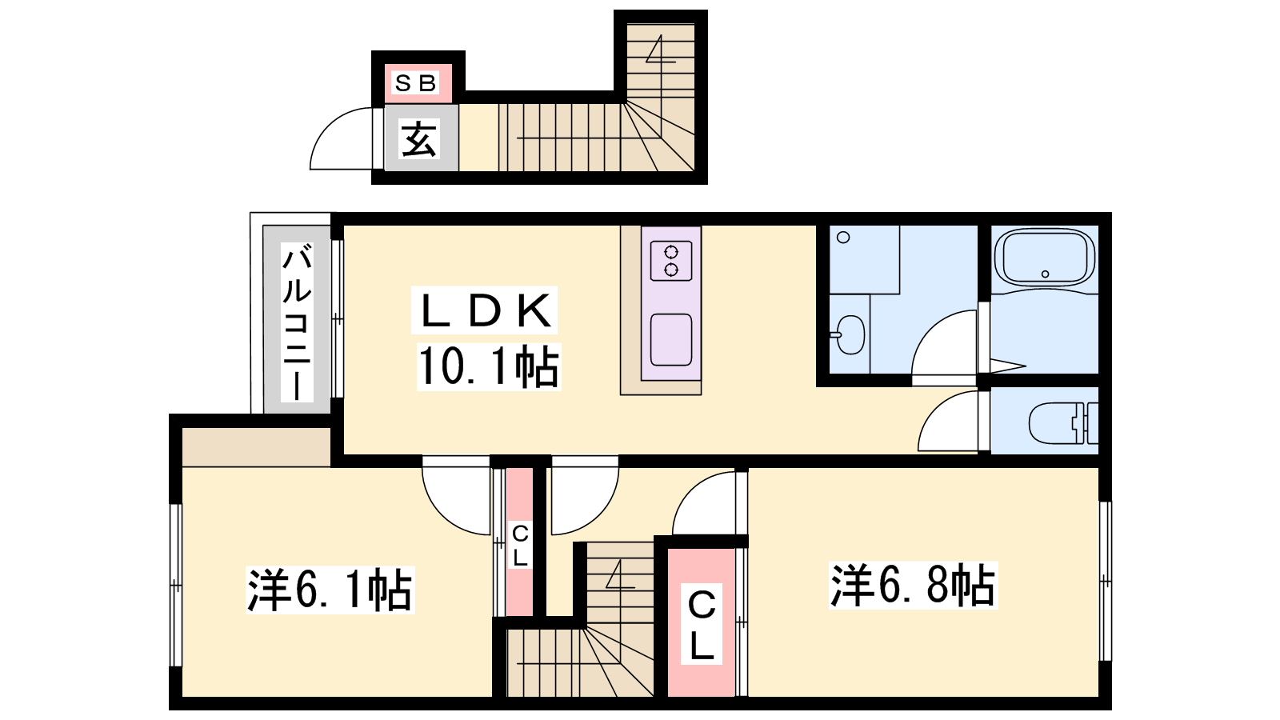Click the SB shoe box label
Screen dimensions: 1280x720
(415, 83)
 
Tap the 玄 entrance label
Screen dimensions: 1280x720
(419, 139)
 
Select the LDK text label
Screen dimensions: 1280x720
(485, 310)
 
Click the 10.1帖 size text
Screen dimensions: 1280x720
(489, 367)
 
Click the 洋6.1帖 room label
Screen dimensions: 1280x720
(330, 590)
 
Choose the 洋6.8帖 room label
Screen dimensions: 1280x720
(913, 585)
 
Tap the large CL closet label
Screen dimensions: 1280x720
(701, 624)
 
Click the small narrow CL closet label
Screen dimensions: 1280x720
(520, 545)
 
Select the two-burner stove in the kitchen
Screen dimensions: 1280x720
(671, 261)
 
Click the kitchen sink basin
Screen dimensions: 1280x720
(671, 339)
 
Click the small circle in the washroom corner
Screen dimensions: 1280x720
(843, 237)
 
